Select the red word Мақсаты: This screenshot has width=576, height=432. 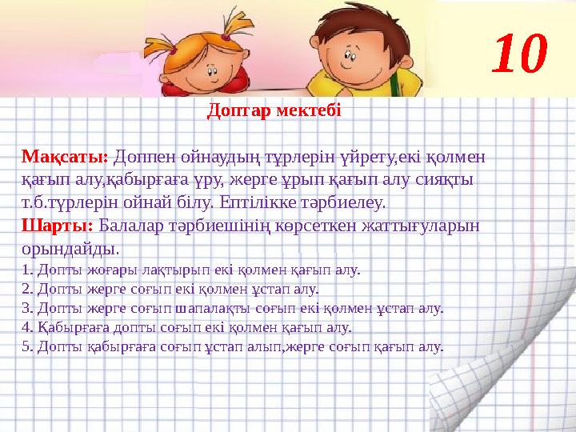(x=65, y=155)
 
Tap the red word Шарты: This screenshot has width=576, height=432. (x=58, y=226)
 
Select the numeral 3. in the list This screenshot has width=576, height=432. (x=26, y=308)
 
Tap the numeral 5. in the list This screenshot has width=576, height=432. (x=26, y=346)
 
